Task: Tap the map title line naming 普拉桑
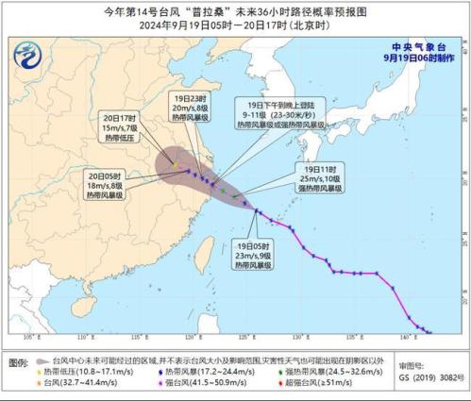[x=234, y=13]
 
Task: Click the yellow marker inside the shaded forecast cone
[x=174, y=165]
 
